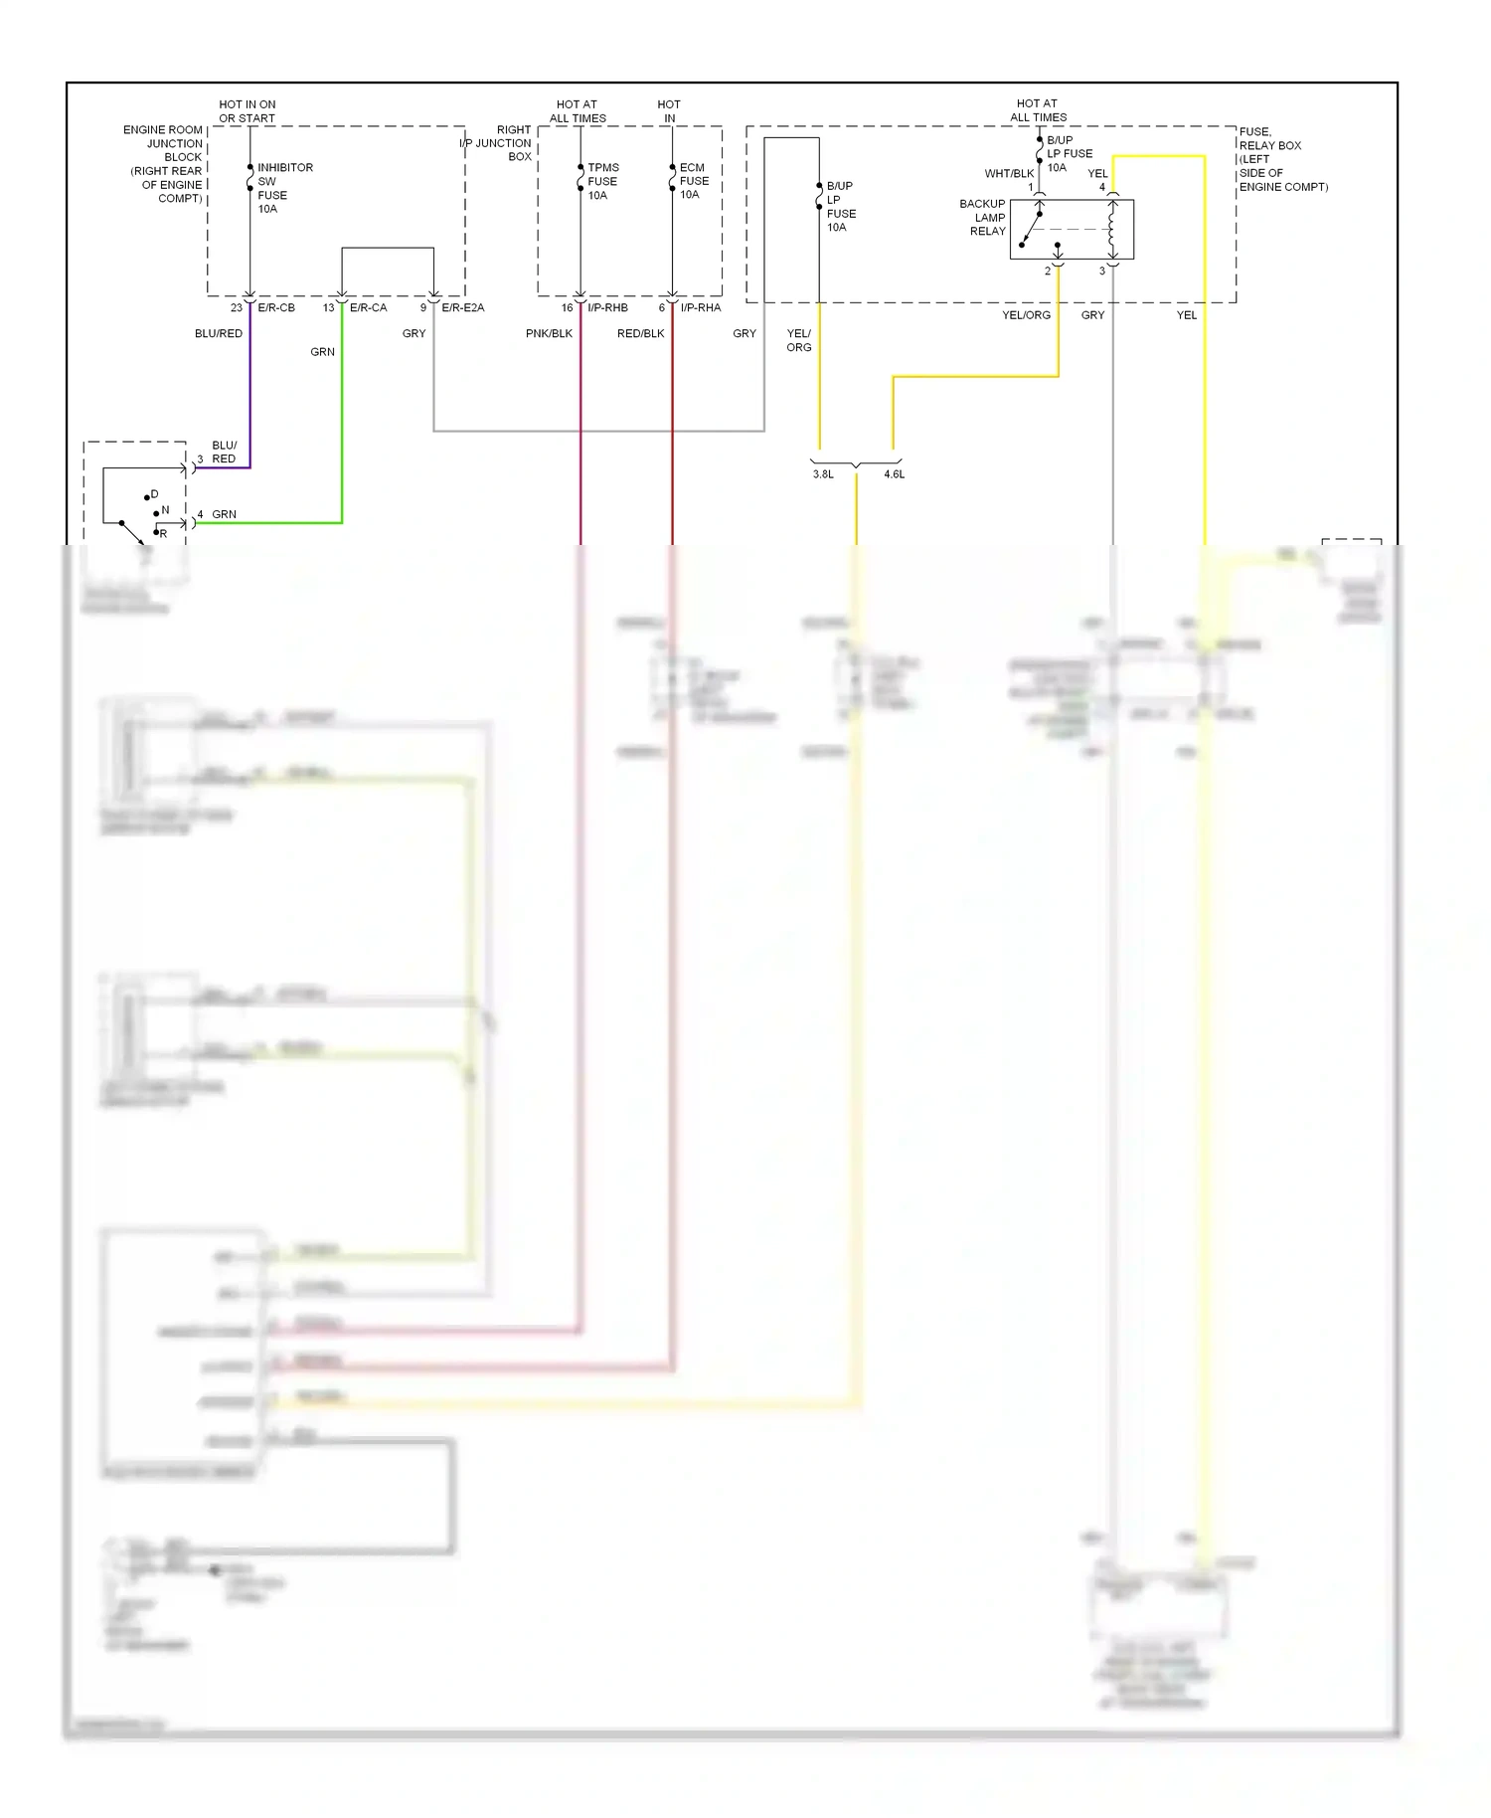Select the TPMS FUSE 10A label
click(x=602, y=181)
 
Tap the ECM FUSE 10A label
click(x=694, y=181)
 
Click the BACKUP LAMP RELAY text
click(x=982, y=217)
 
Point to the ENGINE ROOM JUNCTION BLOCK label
click(x=164, y=164)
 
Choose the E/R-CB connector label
click(x=276, y=307)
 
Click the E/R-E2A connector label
click(x=462, y=307)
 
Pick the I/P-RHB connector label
click(x=607, y=307)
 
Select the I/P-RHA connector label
click(x=700, y=307)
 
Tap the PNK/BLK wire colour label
click(x=549, y=333)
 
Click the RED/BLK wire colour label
click(x=640, y=333)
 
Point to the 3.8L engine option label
click(x=823, y=474)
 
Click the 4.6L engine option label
click(x=895, y=474)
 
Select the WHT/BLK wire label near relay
click(x=1009, y=173)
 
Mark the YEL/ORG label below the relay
click(x=1026, y=315)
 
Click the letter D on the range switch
click(x=154, y=494)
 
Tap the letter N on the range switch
click(x=165, y=510)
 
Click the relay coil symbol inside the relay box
click(x=1112, y=230)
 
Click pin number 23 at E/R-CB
click(x=237, y=307)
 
